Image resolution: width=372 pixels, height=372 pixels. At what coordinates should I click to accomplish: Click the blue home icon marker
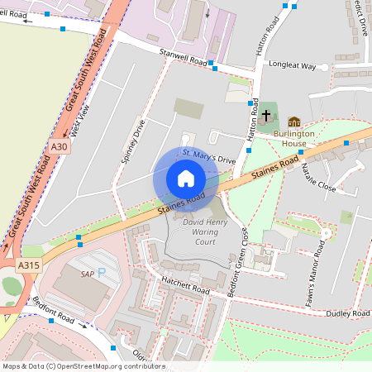click(x=186, y=179)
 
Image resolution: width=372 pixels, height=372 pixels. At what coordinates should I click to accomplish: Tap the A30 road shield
click(x=58, y=147)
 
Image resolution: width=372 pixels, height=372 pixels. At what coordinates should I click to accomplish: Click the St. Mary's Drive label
click(x=209, y=155)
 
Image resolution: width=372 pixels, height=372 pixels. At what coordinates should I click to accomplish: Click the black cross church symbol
click(x=266, y=116)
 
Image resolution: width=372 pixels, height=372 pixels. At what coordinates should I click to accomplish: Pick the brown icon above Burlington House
click(x=294, y=122)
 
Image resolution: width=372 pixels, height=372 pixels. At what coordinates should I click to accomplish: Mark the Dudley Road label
click(x=348, y=314)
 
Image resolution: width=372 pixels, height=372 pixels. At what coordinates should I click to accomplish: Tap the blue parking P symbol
click(x=102, y=272)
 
